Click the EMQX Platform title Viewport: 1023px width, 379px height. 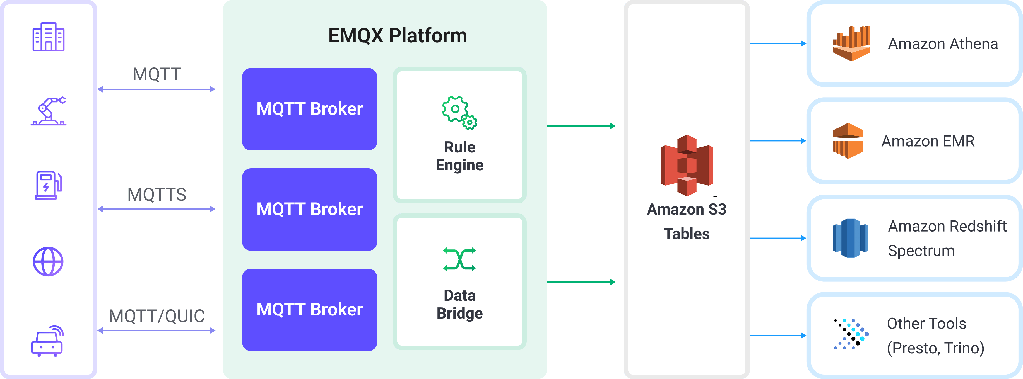tap(398, 36)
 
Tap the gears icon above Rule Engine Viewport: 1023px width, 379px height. tap(459, 112)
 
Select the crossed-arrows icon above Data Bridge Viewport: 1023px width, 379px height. tap(459, 259)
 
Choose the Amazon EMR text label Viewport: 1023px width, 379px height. tap(928, 141)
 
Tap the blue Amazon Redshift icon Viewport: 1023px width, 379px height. tap(850, 238)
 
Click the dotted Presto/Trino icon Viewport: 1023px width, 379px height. tap(851, 334)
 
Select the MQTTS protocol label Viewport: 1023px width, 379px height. tap(157, 195)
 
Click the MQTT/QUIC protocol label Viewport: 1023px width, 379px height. tap(157, 316)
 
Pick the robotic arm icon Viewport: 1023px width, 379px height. tap(49, 111)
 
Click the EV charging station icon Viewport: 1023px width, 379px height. tap(49, 185)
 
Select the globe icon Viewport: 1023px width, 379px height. tap(48, 261)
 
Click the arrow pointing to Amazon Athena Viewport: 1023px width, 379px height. tap(778, 43)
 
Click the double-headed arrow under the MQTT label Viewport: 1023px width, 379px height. tap(157, 89)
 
